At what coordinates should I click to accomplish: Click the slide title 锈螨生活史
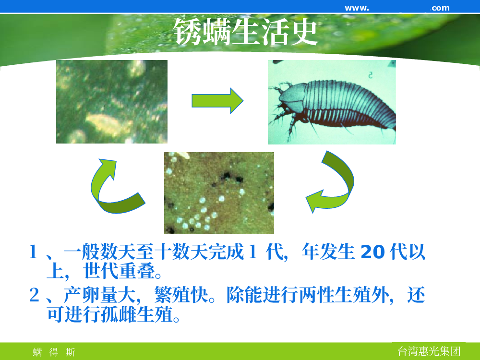point(245,32)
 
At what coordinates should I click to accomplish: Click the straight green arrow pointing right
point(217,101)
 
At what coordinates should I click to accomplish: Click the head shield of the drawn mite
point(292,96)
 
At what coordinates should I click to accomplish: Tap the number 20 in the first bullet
point(372,252)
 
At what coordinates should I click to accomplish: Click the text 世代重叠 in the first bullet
point(120,271)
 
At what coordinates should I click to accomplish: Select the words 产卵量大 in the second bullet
point(99,295)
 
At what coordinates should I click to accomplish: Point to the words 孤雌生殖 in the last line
point(137,314)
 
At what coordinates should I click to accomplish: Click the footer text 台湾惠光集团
point(429,351)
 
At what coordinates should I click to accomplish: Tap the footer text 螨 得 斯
point(54,352)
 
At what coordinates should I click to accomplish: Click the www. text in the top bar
point(357,8)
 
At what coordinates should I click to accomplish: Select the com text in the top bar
point(441,8)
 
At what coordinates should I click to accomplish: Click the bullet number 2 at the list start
point(34,295)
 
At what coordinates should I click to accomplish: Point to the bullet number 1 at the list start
point(33,252)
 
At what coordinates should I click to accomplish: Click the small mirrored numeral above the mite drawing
point(371,75)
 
